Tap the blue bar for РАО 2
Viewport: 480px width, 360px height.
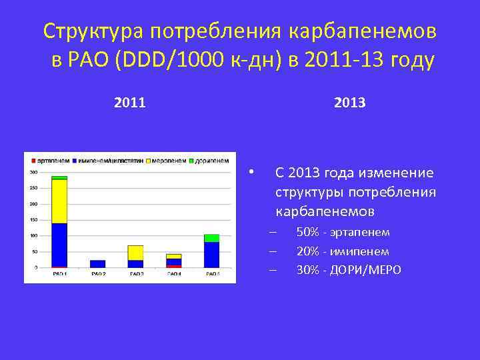click(x=97, y=264)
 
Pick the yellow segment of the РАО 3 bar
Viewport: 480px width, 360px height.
click(x=135, y=253)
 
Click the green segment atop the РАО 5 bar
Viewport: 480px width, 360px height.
click(x=212, y=238)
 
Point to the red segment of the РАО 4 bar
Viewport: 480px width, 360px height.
click(x=174, y=266)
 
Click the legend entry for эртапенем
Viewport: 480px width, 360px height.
click(x=50, y=161)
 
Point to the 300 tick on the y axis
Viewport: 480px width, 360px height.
click(x=33, y=172)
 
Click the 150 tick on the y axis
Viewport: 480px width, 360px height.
click(x=33, y=219)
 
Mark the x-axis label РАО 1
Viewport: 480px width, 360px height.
click(x=59, y=274)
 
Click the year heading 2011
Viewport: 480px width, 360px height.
click(x=130, y=103)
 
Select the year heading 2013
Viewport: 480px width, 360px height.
click(x=349, y=103)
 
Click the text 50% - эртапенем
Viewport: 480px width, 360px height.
click(x=343, y=232)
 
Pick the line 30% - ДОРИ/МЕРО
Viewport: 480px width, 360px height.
click(x=349, y=270)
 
